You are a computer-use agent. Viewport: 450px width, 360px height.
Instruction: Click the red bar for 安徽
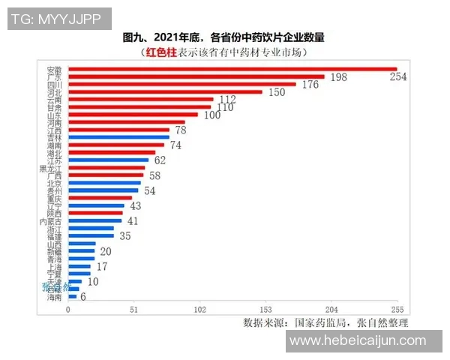click(x=232, y=69)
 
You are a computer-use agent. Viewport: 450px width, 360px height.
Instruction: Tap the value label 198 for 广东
click(x=337, y=78)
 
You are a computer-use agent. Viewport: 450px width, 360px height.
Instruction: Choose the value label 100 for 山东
click(x=211, y=115)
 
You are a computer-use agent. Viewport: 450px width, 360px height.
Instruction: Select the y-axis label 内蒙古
click(x=53, y=221)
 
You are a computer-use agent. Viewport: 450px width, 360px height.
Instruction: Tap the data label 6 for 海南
click(x=83, y=297)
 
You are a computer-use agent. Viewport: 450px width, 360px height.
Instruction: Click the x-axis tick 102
click(x=199, y=310)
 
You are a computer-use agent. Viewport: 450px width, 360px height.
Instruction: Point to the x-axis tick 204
click(x=331, y=310)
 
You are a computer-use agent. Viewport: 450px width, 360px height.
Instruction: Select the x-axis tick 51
click(x=133, y=310)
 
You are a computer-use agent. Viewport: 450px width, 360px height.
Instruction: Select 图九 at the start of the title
click(x=131, y=37)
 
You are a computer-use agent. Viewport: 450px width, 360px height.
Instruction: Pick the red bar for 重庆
click(x=100, y=198)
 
